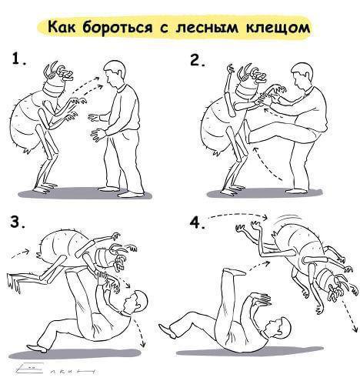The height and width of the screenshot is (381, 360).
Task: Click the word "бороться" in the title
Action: pos(117,28)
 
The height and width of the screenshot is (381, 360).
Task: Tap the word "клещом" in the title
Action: pos(278,28)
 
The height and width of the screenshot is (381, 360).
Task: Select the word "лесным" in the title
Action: pos(207,28)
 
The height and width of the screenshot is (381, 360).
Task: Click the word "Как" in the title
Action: pos(62,27)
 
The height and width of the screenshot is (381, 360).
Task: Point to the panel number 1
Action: pos(18,59)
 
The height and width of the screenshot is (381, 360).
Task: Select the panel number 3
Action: pos(18,222)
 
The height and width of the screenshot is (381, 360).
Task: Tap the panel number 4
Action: pos(197,222)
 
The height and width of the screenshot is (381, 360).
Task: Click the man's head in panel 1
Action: pos(115,73)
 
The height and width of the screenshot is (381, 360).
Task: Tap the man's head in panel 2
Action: pos(303,75)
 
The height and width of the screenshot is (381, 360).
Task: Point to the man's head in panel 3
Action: pos(135,302)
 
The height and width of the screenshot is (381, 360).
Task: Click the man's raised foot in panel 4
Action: pos(235,272)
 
